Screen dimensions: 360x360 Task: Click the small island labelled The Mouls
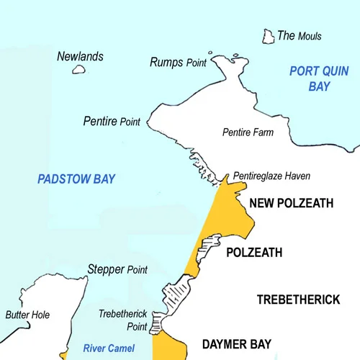tap(268, 36)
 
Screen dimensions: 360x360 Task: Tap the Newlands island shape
tap(79, 70)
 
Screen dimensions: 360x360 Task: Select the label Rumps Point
tap(178, 63)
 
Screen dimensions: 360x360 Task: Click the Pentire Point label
tap(112, 121)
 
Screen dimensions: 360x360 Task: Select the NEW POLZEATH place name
tap(291, 204)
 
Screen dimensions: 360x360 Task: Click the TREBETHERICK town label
tap(298, 300)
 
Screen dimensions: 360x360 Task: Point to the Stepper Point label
tap(117, 269)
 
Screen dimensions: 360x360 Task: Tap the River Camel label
tap(109, 348)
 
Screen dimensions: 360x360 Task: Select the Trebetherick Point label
tap(123, 320)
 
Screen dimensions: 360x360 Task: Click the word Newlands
tap(80, 56)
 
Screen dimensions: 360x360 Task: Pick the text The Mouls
tap(300, 36)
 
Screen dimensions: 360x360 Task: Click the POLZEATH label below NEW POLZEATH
tap(253, 253)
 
